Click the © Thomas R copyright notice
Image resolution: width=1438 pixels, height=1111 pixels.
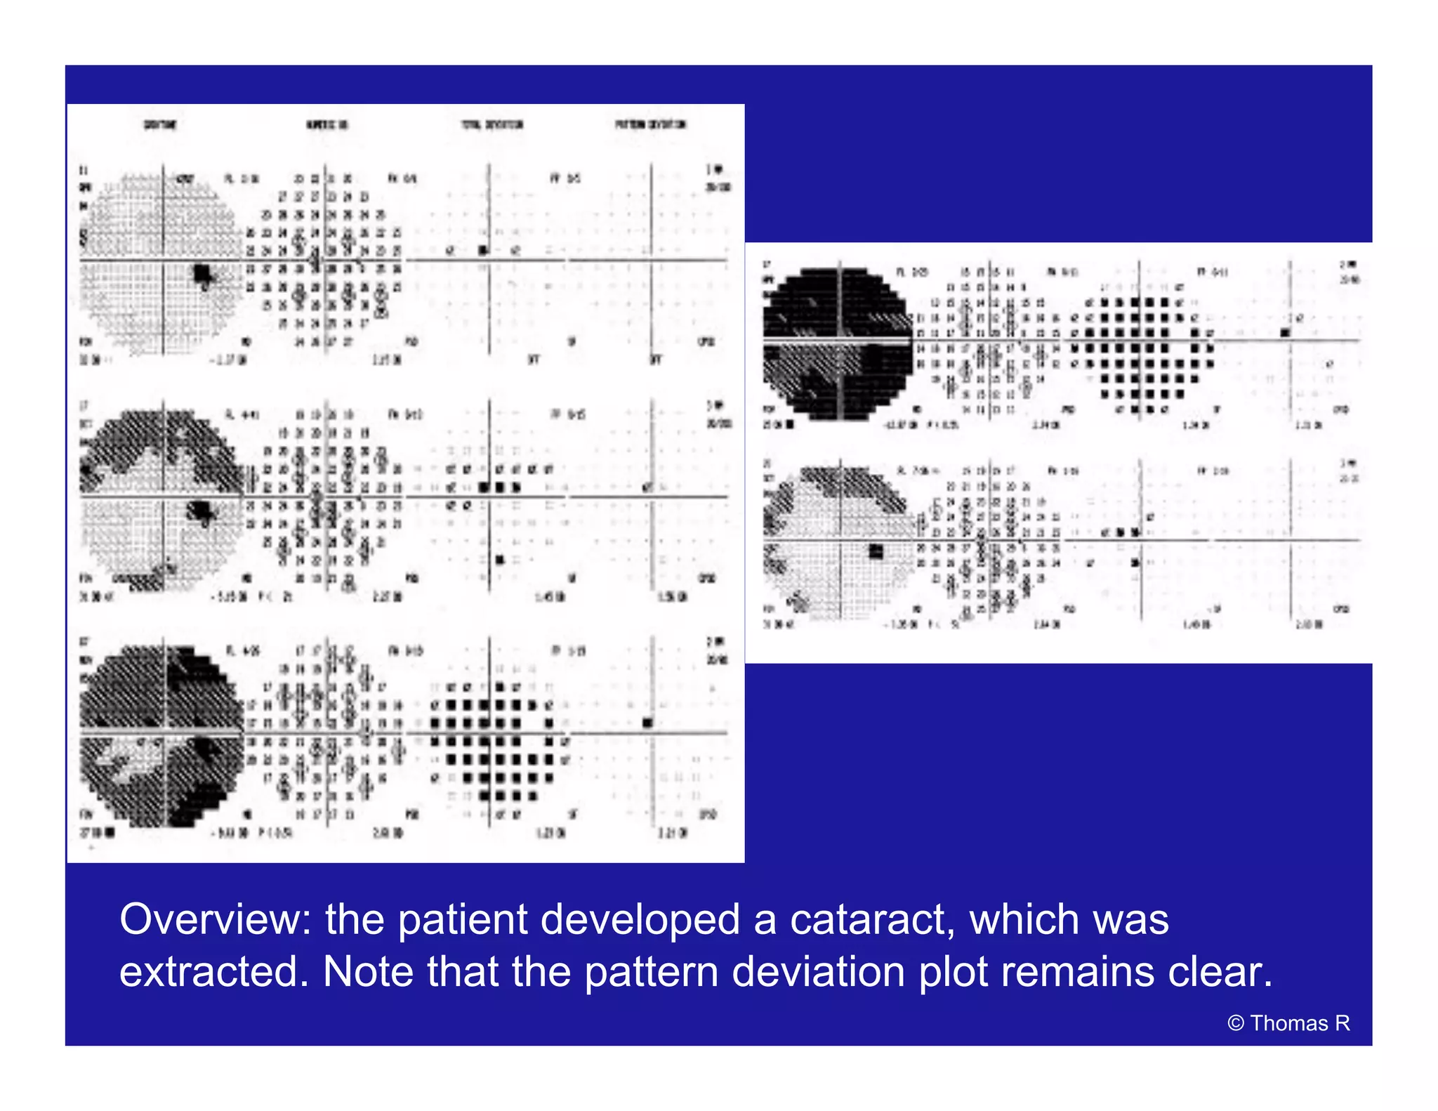point(1288,1024)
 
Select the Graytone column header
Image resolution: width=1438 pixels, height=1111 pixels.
point(160,125)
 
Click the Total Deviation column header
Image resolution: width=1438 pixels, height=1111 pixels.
point(492,125)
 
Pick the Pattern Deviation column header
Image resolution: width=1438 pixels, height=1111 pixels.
point(650,125)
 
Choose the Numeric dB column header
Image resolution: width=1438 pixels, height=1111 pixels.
point(326,125)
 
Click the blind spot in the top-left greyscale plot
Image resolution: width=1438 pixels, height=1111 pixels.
point(203,273)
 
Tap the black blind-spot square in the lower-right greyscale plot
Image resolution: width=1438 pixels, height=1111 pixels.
point(876,551)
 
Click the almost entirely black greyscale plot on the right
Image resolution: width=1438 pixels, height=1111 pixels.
point(838,342)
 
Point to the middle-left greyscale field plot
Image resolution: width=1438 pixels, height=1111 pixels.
point(161,496)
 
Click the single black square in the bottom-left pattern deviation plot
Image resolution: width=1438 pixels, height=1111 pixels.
point(647,723)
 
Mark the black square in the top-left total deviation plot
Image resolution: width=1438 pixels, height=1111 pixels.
point(483,250)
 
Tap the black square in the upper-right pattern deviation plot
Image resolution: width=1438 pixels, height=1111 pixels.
point(1285,332)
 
